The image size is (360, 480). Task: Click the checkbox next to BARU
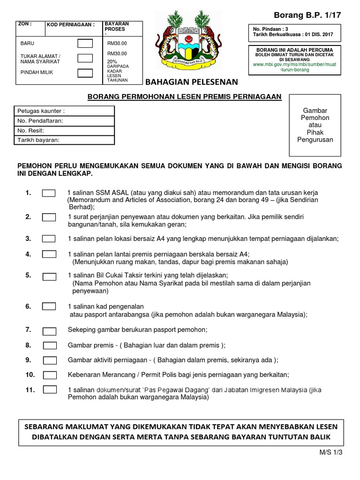pyautogui.click(x=85, y=44)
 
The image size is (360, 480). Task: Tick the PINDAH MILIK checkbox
pyautogui.click(x=85, y=72)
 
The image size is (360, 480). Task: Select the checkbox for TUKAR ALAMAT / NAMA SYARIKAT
pyautogui.click(x=85, y=58)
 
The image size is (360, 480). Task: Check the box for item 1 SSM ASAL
pyautogui.click(x=49, y=193)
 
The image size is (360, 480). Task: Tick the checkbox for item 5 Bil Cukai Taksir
pyautogui.click(x=49, y=275)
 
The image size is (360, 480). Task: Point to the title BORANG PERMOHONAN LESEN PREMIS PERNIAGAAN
pyautogui.click(x=185, y=97)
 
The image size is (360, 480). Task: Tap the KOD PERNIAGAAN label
pyautogui.click(x=71, y=25)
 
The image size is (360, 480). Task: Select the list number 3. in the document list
pyautogui.click(x=28, y=238)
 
